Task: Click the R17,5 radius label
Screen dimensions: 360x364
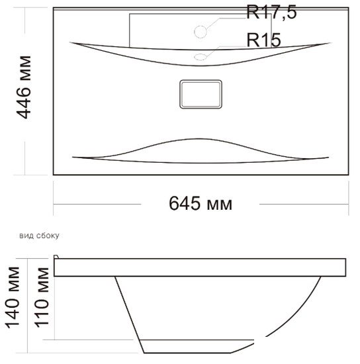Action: (271, 12)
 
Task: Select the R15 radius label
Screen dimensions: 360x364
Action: (263, 40)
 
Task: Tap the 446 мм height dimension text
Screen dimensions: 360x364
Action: (24, 87)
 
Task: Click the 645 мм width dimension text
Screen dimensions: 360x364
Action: (201, 203)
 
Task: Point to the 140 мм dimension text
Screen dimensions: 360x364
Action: (13, 298)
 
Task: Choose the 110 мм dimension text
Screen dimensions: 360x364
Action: (42, 298)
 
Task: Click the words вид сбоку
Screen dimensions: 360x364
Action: (39, 236)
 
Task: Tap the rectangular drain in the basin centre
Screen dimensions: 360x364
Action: (201, 94)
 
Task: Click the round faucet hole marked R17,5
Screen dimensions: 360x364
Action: (201, 32)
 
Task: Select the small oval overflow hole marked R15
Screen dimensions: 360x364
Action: (201, 57)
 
